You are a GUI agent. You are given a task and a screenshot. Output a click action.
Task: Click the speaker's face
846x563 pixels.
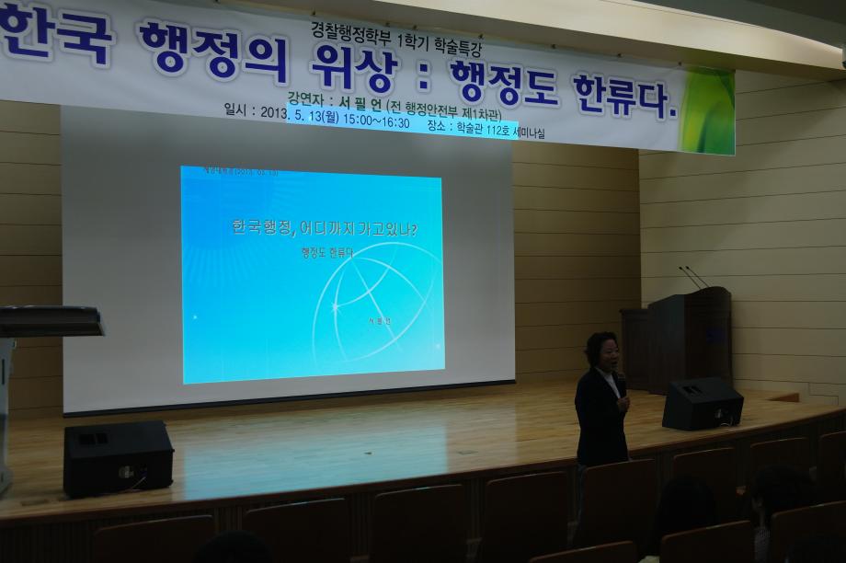pyautogui.click(x=603, y=353)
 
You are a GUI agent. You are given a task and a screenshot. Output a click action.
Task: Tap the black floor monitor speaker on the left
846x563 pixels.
pyautogui.click(x=118, y=457)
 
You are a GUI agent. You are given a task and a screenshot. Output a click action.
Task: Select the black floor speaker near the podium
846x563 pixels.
pyautogui.click(x=702, y=403)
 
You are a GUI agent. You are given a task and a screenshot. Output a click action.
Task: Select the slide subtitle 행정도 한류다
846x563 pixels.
pyautogui.click(x=326, y=252)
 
